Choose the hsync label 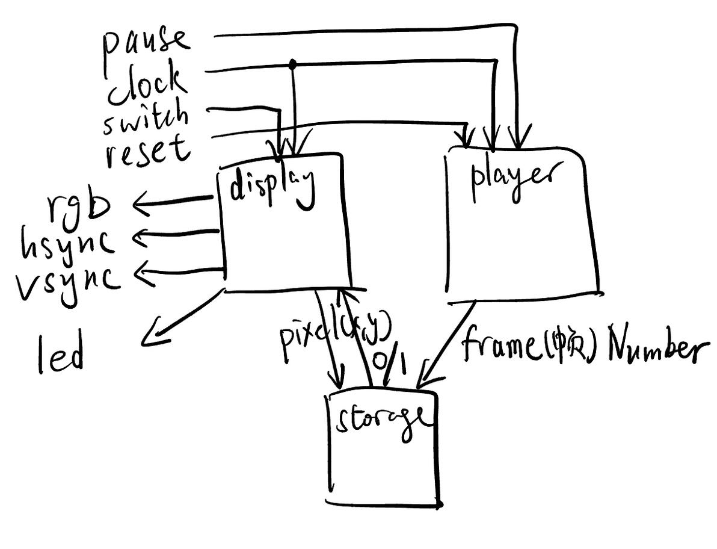68,243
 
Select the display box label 272,184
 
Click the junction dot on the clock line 293,63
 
